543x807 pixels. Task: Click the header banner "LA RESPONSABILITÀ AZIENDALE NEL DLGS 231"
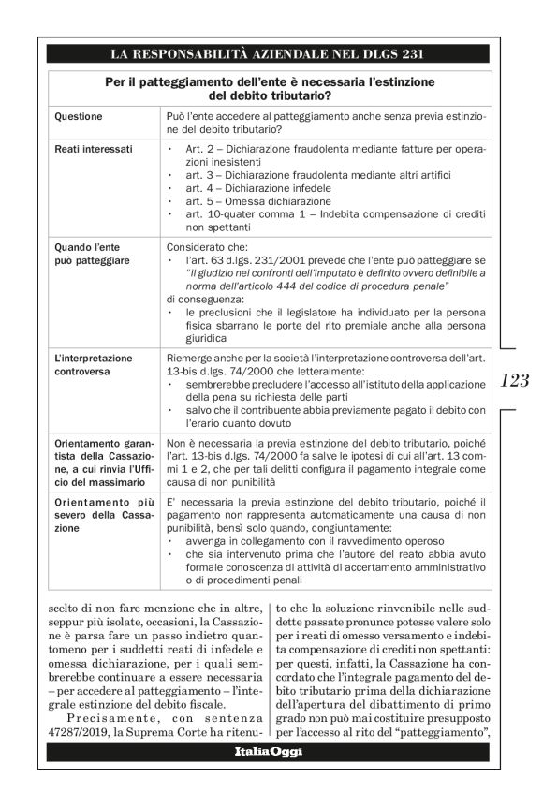(x=269, y=52)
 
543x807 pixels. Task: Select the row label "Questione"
(x=80, y=117)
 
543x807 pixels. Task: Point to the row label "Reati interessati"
(x=94, y=149)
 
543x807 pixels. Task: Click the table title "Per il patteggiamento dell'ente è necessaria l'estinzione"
(x=269, y=82)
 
